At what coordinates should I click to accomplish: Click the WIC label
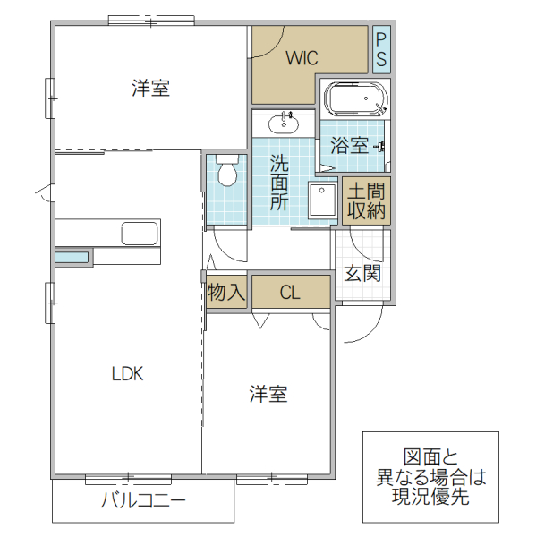tap(302, 59)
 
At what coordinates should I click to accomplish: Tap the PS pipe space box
tap(381, 50)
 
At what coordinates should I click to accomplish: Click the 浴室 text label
tap(349, 145)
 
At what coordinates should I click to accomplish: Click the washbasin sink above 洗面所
tap(285, 122)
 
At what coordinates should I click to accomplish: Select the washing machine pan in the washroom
tap(321, 200)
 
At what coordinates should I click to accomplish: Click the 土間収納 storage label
tap(366, 201)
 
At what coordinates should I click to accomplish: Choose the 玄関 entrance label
tap(363, 273)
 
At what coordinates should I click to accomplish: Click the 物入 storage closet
tap(227, 292)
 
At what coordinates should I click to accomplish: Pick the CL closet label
tap(290, 293)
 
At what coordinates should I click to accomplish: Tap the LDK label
tap(128, 374)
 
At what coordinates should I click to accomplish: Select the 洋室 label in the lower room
tap(268, 394)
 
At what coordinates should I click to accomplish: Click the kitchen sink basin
tap(140, 234)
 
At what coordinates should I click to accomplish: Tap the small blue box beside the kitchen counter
tap(72, 258)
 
